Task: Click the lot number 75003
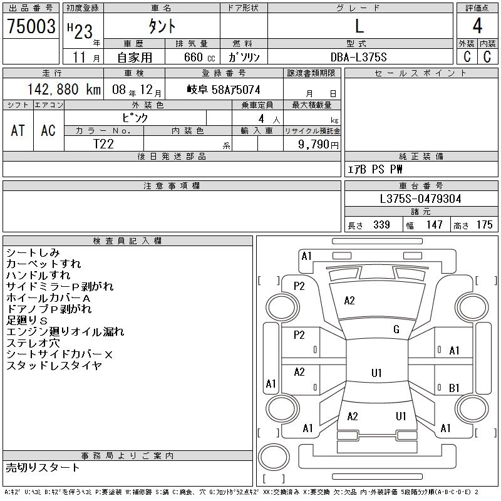click(31, 27)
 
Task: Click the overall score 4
click(477, 27)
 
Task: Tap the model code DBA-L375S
click(359, 57)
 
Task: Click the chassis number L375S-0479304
click(421, 199)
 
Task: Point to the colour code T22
click(104, 144)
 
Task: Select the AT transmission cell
click(18, 130)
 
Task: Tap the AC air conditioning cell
click(48, 130)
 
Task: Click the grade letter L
click(359, 27)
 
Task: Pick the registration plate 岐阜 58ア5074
click(224, 90)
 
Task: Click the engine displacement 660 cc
click(192, 57)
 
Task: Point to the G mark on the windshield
click(396, 329)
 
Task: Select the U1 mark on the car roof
click(376, 373)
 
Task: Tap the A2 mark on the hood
click(349, 301)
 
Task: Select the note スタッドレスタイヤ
click(54, 366)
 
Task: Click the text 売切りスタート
click(43, 467)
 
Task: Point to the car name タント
click(161, 27)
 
